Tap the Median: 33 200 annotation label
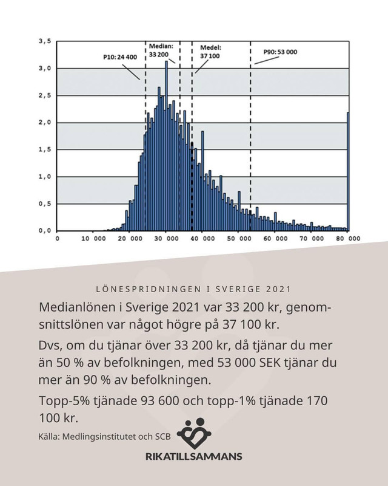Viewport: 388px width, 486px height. coord(161,50)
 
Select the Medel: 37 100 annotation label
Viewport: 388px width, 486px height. coord(210,50)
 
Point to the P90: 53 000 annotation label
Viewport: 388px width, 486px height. coord(280,52)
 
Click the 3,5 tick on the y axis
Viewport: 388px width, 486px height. coord(44,41)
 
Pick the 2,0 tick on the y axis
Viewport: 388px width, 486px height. coord(44,123)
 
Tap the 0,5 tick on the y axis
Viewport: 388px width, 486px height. coord(44,204)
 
